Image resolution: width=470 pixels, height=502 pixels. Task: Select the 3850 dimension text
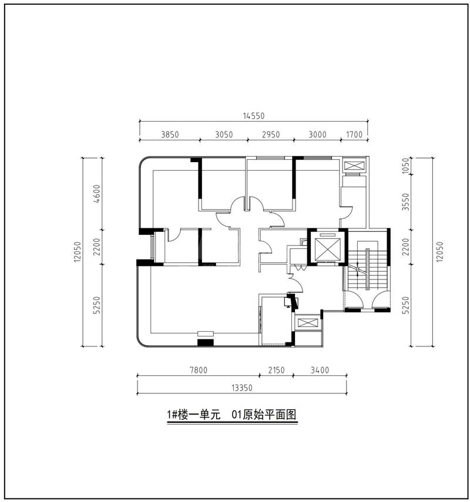[x=169, y=134]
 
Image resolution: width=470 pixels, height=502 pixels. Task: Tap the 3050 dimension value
[x=224, y=134]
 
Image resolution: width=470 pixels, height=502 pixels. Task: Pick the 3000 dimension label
[x=317, y=134]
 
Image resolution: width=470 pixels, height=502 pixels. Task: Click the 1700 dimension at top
[x=354, y=134]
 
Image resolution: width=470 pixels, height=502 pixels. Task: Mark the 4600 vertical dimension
[x=98, y=193]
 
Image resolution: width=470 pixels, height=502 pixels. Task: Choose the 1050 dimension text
[x=405, y=166]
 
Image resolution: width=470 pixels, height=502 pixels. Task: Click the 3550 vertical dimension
[x=405, y=202]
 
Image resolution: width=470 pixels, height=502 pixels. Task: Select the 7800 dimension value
[x=198, y=370]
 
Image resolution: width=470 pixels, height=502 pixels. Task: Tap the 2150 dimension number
[x=276, y=370]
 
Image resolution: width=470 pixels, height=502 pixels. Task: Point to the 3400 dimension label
[x=320, y=370]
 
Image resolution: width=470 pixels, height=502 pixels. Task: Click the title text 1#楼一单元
[x=193, y=415]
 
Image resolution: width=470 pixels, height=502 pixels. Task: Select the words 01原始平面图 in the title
[x=263, y=415]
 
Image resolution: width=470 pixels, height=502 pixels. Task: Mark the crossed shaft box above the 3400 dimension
[x=307, y=323]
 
